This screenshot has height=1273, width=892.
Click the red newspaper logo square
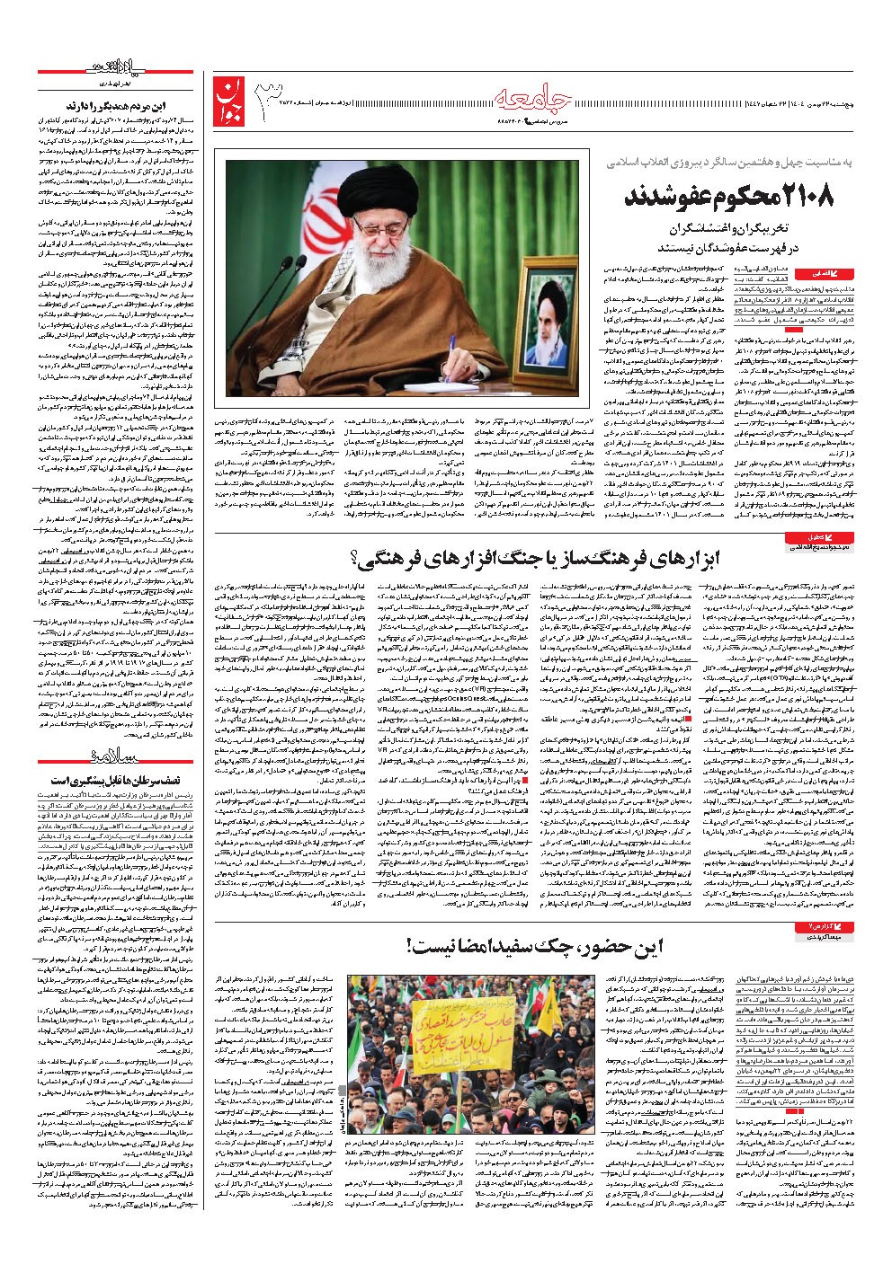(x=229, y=101)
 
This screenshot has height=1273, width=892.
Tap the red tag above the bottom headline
(x=817, y=925)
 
